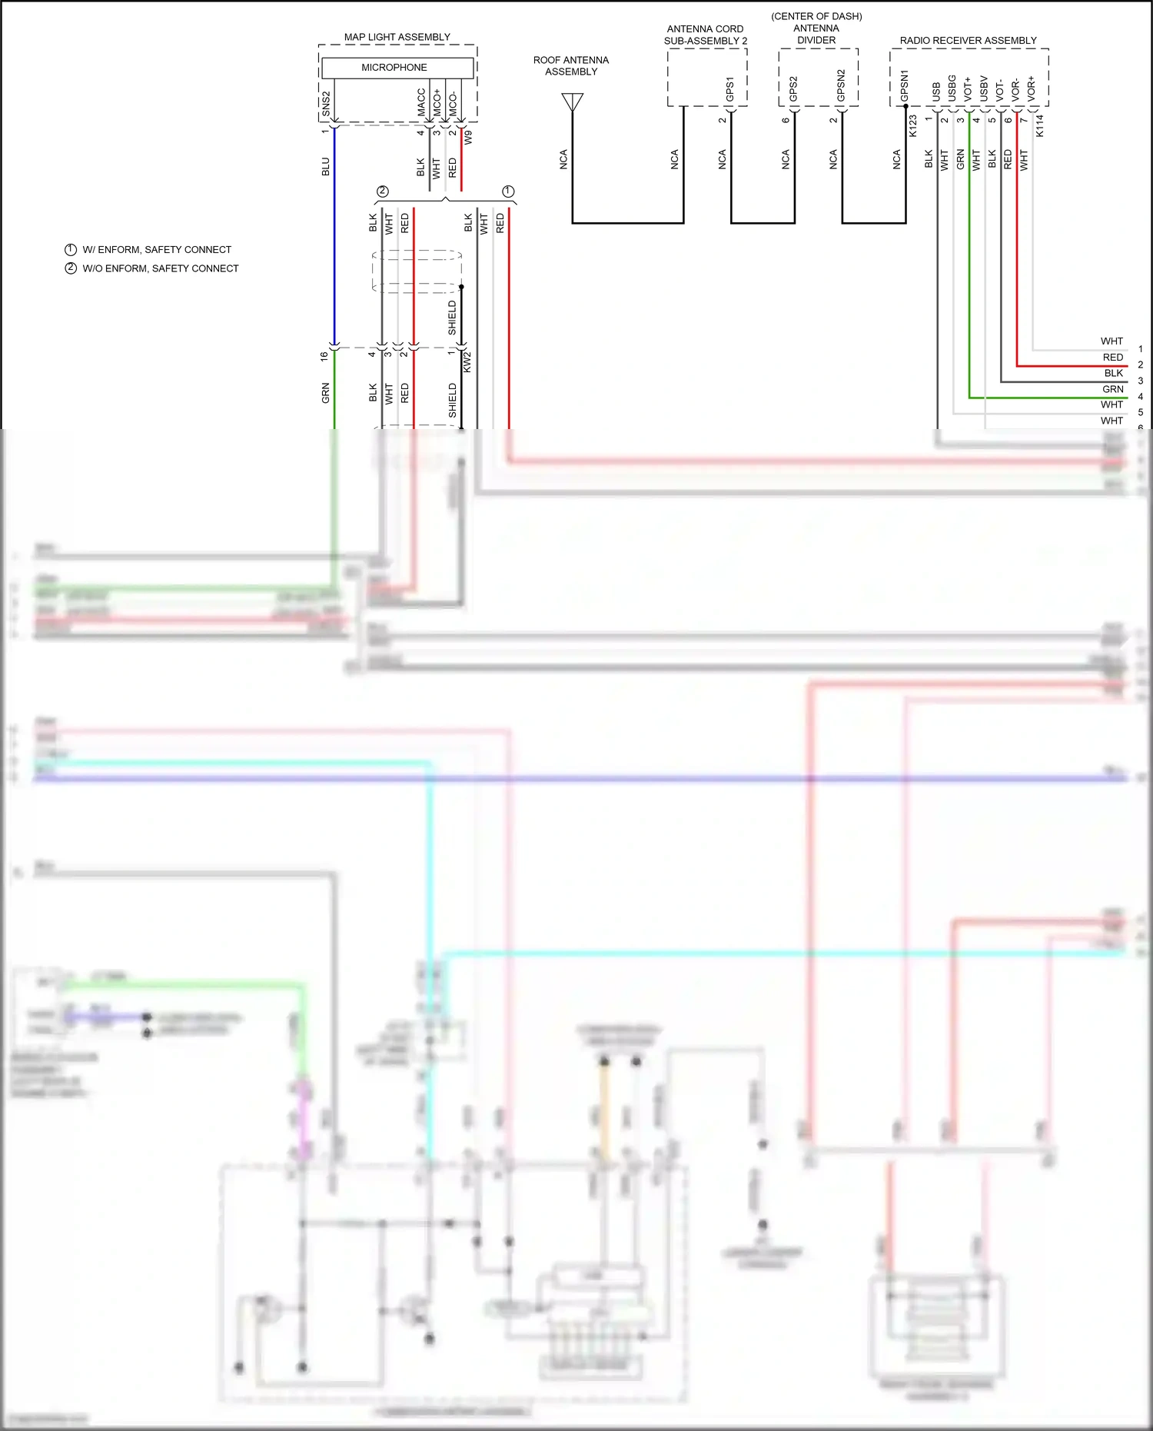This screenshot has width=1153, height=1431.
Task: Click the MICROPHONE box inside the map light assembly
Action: click(x=394, y=68)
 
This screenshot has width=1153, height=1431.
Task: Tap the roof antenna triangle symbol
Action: click(x=573, y=102)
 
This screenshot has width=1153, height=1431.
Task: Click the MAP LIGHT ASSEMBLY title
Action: click(x=397, y=37)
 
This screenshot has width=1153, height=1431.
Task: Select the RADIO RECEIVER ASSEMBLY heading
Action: click(x=968, y=41)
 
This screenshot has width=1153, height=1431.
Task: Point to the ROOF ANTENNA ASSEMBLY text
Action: click(x=571, y=66)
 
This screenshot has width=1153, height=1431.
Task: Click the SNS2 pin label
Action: click(x=326, y=104)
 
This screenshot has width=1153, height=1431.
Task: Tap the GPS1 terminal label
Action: click(x=730, y=89)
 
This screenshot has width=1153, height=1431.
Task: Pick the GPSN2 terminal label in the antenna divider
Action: click(x=841, y=85)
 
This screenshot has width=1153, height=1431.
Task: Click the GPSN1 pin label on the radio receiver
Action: click(x=905, y=86)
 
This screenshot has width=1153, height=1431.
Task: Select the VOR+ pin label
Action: click(x=1032, y=88)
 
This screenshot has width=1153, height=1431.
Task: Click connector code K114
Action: click(x=1039, y=125)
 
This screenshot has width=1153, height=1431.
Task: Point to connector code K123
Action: click(x=913, y=125)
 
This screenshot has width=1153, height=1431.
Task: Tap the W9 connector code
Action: click(x=468, y=137)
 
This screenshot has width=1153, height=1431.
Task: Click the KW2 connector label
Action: click(x=467, y=362)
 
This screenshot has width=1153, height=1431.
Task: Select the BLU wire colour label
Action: click(x=325, y=167)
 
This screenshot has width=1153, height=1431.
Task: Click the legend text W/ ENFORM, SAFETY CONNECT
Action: click(x=157, y=250)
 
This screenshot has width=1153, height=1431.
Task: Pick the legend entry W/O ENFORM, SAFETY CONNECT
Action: click(x=161, y=268)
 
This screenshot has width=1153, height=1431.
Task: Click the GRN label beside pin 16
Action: click(x=325, y=393)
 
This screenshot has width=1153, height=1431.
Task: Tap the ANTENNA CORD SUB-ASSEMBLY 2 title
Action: click(x=705, y=35)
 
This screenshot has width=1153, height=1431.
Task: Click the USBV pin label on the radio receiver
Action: click(x=984, y=88)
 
